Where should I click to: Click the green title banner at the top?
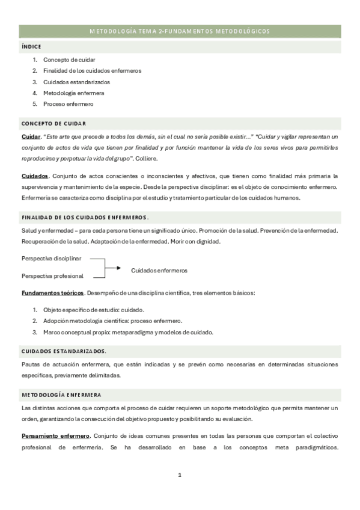pos(180,31)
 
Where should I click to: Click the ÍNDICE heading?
pos(31,46)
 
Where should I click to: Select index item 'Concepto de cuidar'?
pos(69,60)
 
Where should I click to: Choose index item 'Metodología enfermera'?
pos(73,93)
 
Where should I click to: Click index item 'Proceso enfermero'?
pos(68,103)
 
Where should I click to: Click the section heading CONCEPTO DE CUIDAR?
pos(53,123)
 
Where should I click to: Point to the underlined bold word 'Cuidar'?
pos(31,137)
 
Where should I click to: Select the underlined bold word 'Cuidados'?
pos(34,176)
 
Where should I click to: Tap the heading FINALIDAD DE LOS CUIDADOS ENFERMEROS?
pos(85,217)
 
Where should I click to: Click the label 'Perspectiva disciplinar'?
pos(51,259)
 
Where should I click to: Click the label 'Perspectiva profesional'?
pos(52,276)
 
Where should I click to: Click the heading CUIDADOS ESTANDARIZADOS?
pos(64,350)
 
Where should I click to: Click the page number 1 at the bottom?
pos(180,475)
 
